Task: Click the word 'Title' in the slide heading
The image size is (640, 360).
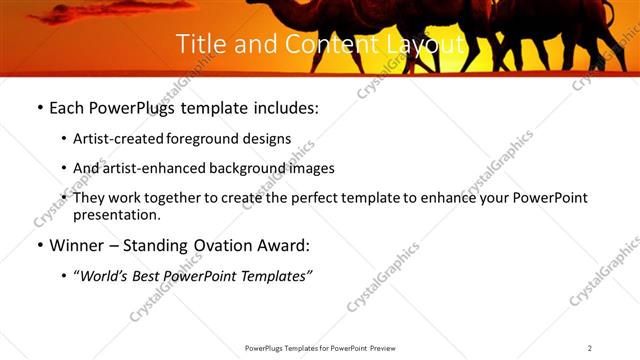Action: coord(200,45)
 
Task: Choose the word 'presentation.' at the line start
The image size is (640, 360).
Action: coord(116,214)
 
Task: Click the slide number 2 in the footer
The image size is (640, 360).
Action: coord(590,348)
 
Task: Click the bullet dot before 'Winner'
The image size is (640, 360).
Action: coord(39,246)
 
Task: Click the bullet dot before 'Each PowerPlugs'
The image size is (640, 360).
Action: coord(39,109)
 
